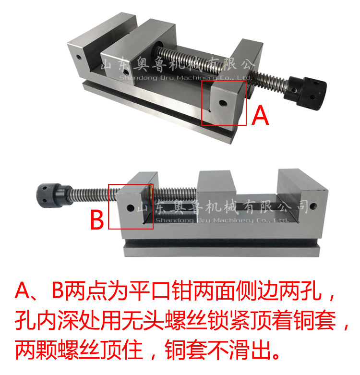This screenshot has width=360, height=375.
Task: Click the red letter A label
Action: click(x=261, y=116)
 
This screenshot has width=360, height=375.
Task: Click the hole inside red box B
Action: click(x=130, y=208)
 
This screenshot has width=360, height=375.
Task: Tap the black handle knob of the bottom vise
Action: click(x=50, y=194)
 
